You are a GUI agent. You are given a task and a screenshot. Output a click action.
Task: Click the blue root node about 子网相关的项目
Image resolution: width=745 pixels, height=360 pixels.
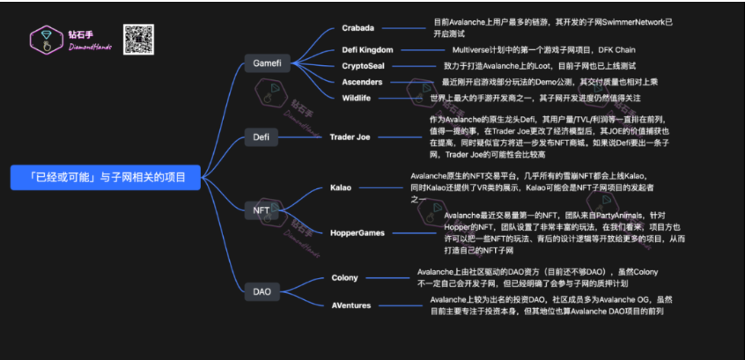coord(105,176)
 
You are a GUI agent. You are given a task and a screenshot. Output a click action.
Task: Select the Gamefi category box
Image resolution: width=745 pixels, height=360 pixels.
coord(267,64)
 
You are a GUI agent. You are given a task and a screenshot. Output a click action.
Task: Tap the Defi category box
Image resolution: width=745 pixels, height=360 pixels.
coord(262,137)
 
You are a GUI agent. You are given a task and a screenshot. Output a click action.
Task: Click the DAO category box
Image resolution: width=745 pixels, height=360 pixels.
coord(262,290)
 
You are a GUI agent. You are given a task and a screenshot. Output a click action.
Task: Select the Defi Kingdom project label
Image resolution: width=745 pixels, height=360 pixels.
coord(367,49)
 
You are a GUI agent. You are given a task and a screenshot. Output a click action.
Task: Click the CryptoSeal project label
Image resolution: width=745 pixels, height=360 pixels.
coord(364,66)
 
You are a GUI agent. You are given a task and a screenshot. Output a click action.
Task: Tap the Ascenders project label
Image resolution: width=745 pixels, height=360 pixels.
coord(362,82)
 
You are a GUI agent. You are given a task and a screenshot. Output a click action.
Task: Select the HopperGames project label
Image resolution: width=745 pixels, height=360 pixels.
coord(358,232)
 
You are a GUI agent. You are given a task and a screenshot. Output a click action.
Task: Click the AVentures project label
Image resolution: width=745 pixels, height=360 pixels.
coord(351,305)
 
